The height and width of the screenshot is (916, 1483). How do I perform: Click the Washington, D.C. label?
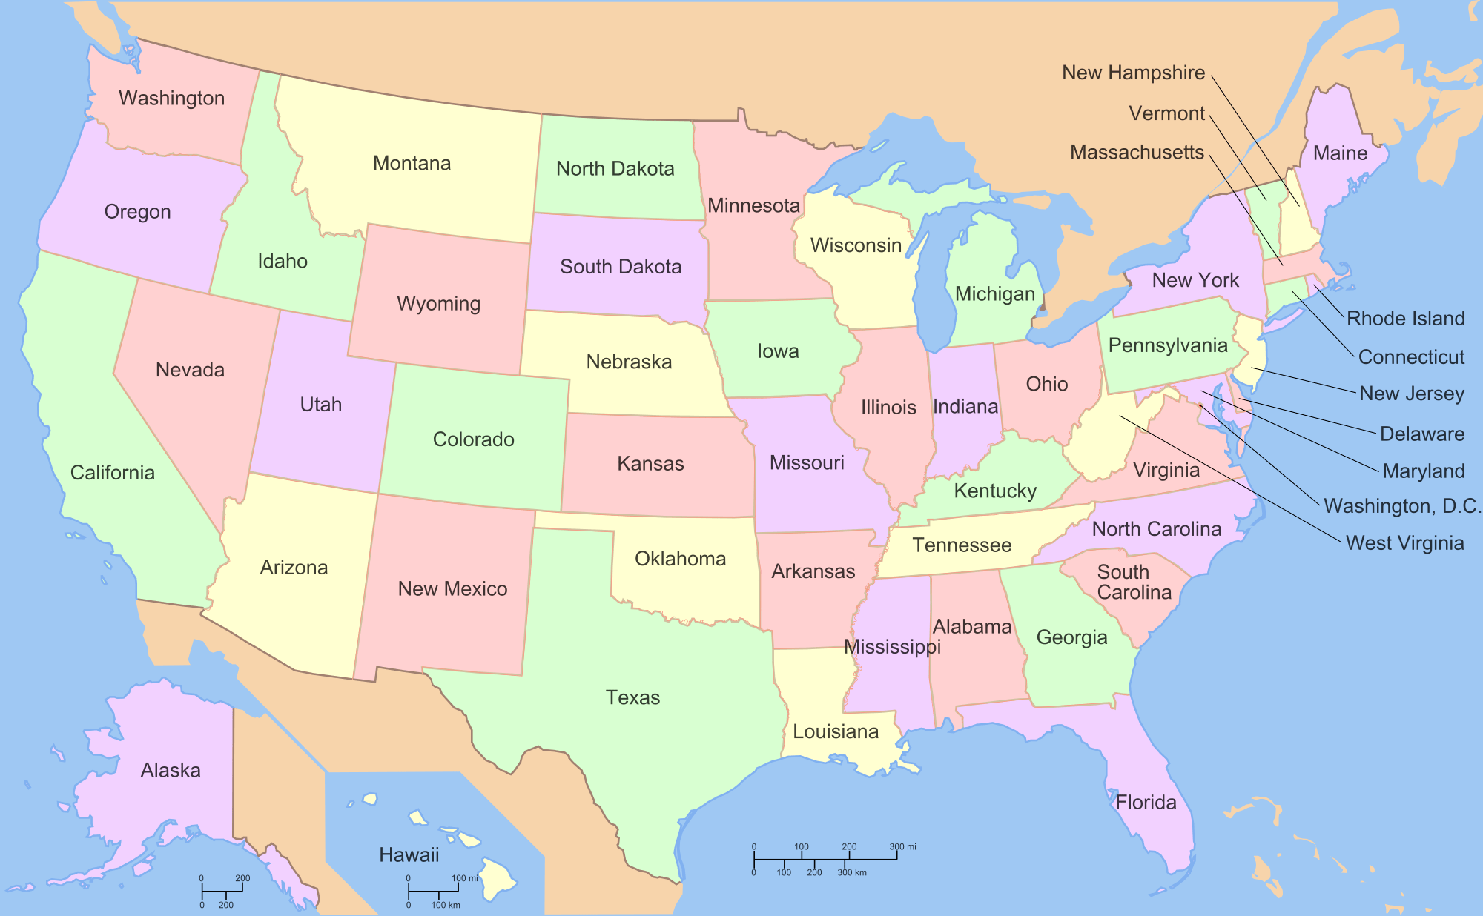1401,506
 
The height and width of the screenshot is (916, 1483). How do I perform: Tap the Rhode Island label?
1405,319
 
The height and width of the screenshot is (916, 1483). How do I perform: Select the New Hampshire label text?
1133,73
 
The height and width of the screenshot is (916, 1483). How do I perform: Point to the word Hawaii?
409,854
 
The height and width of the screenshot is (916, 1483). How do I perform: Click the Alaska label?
171,770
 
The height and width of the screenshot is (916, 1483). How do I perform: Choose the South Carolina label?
1134,583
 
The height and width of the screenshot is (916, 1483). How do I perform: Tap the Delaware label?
1421,434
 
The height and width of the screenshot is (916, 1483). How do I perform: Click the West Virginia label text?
1404,543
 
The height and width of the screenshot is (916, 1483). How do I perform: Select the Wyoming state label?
438,303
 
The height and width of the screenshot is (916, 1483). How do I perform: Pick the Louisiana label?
836,731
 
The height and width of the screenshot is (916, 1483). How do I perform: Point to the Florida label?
1146,802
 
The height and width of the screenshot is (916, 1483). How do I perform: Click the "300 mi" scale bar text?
902,846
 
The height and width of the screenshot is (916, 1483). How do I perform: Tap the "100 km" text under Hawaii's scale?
446,905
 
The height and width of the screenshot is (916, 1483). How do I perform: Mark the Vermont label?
1166,113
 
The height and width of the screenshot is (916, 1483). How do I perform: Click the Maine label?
1340,153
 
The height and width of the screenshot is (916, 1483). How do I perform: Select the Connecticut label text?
1411,357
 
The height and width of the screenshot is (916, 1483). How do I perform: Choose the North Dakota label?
615,169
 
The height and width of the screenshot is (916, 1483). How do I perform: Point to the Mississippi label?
892,647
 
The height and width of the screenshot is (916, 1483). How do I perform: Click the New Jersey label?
1411,394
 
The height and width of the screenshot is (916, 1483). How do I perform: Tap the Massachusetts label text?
1137,153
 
